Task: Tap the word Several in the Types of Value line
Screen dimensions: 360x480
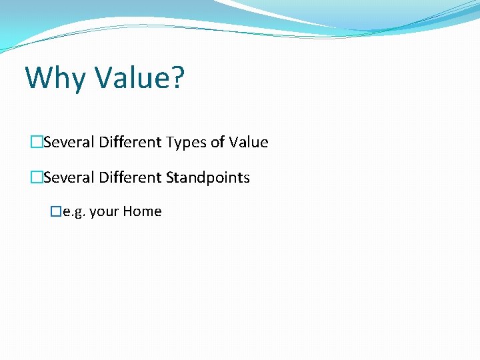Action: coord(69,143)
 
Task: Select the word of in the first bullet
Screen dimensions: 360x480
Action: coord(217,143)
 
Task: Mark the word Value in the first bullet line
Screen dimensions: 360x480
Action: coord(248,143)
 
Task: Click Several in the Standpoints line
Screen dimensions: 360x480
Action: coord(69,178)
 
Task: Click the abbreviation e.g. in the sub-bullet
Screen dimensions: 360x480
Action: coord(73,213)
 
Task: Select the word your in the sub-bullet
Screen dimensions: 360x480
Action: coord(104,213)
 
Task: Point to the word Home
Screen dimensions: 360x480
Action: coord(142,212)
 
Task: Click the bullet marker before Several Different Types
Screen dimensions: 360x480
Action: coord(37,143)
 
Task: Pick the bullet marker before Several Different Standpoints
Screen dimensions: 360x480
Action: coord(37,178)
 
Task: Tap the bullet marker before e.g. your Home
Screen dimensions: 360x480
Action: coord(56,212)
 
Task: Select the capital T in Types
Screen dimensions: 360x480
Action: coord(170,143)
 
